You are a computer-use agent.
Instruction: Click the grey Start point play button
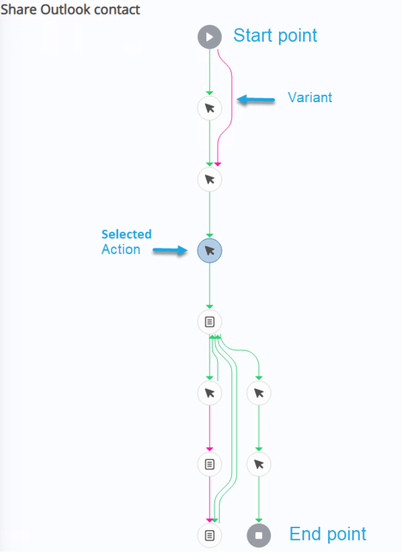(x=210, y=37)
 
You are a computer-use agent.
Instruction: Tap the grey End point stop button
(x=259, y=535)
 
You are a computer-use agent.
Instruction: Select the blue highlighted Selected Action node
(x=210, y=251)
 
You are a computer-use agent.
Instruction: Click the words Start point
(x=275, y=36)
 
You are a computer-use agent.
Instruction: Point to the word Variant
(x=310, y=97)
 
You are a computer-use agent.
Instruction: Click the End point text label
(x=328, y=534)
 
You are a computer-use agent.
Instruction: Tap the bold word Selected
(x=127, y=234)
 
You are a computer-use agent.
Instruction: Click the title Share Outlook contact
(x=71, y=10)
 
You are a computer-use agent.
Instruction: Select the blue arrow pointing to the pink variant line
(x=255, y=100)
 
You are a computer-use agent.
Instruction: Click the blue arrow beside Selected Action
(x=170, y=250)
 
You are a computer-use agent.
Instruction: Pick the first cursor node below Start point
(x=210, y=108)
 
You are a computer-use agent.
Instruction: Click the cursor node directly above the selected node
(x=210, y=180)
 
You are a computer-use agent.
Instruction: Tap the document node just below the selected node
(x=210, y=321)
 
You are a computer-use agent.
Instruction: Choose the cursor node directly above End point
(x=259, y=464)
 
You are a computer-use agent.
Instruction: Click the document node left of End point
(x=210, y=535)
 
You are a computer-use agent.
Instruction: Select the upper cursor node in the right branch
(x=259, y=393)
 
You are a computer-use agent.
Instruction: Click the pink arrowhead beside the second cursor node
(x=218, y=165)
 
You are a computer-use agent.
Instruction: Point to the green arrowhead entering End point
(x=259, y=521)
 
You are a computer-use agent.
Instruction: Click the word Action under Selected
(x=120, y=250)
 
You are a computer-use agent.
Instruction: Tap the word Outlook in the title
(x=60, y=10)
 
